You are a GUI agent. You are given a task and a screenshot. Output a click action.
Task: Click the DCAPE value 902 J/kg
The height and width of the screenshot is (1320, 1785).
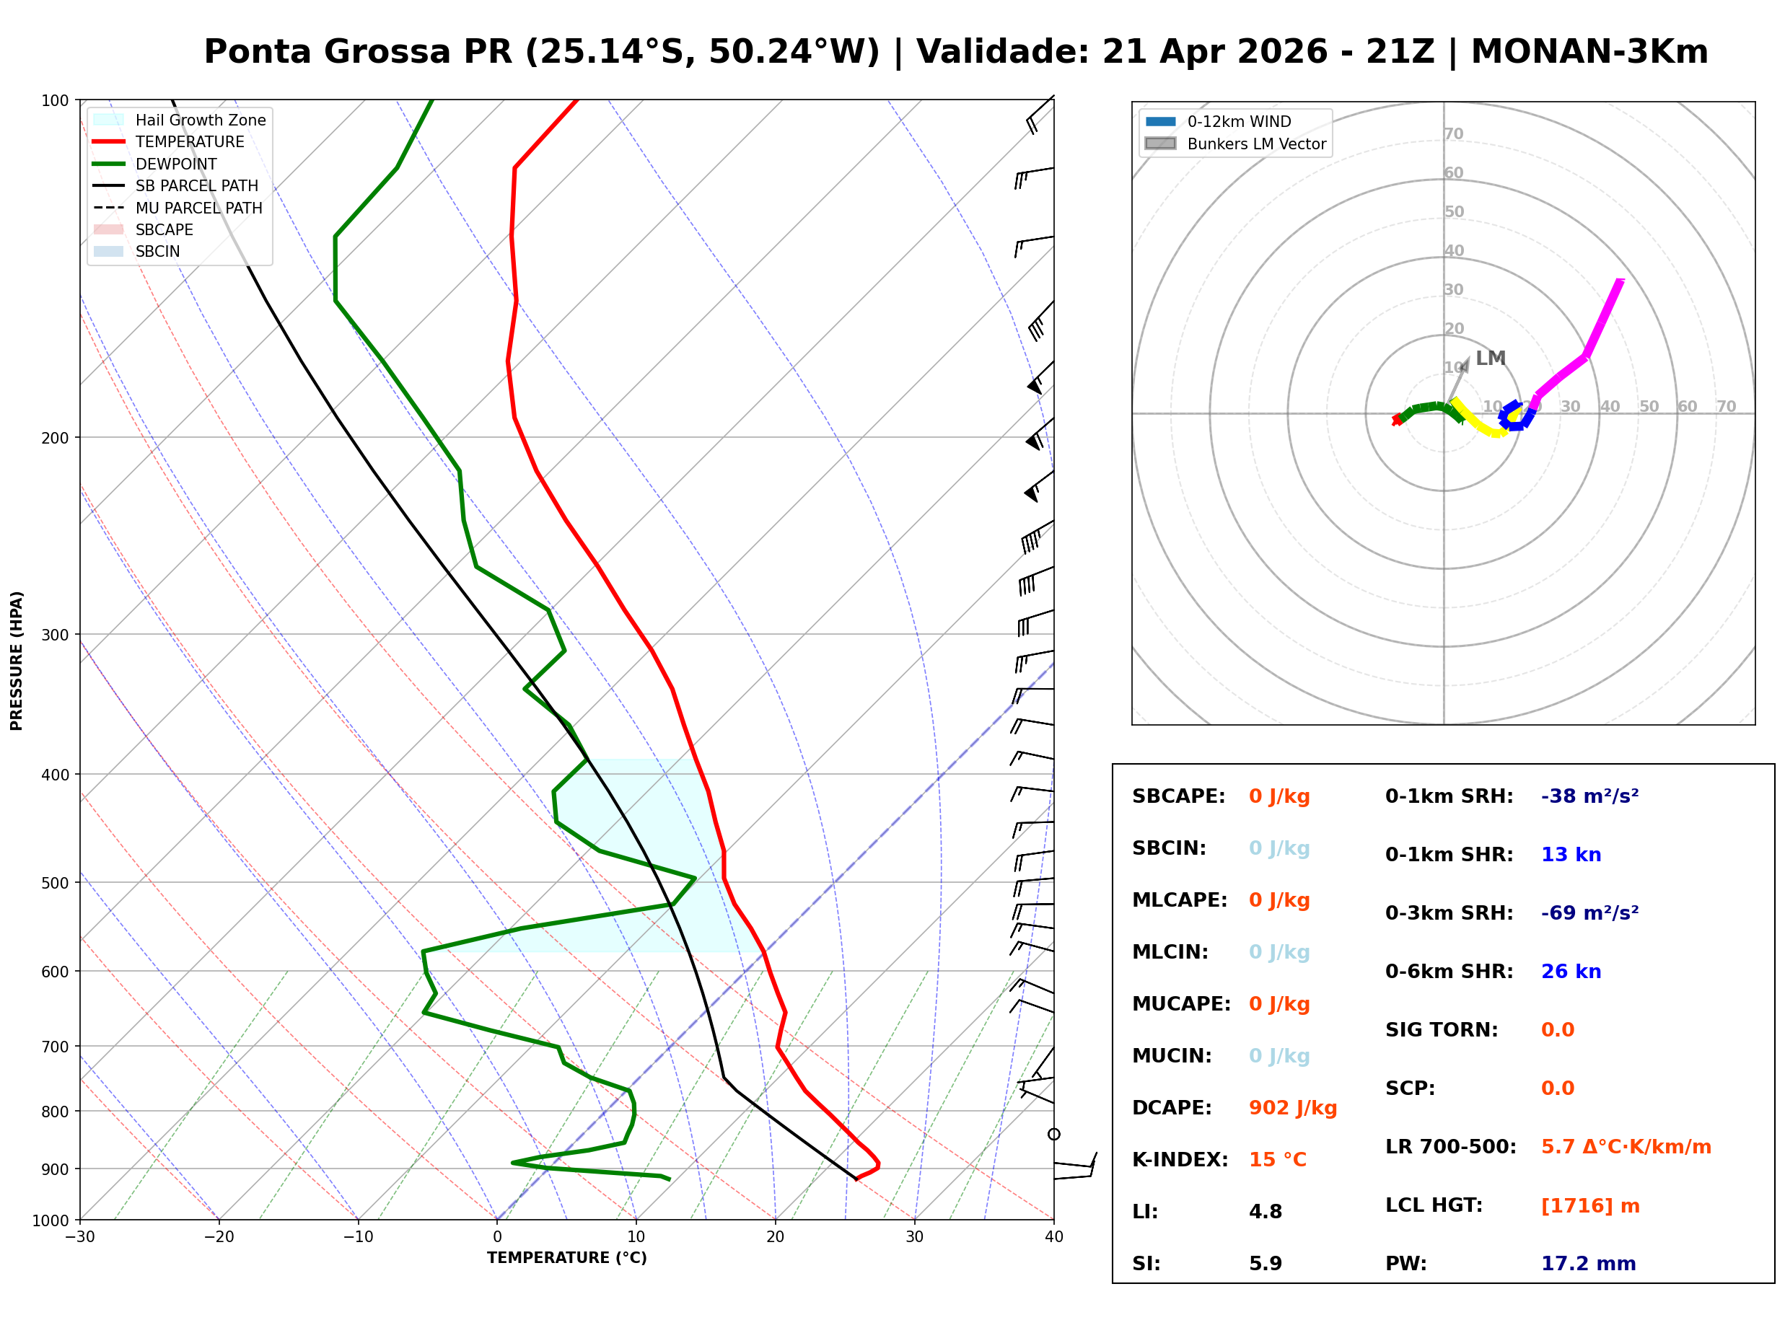click(x=1292, y=1107)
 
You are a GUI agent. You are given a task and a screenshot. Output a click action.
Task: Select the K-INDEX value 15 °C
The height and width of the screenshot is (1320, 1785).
click(x=1277, y=1159)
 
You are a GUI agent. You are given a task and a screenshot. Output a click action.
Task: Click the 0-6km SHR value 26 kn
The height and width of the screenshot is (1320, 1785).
click(x=1570, y=971)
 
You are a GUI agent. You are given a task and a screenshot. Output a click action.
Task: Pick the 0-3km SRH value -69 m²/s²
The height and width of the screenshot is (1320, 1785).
click(x=1589, y=912)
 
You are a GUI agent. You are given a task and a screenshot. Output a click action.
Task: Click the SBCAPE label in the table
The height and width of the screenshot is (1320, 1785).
click(x=1177, y=796)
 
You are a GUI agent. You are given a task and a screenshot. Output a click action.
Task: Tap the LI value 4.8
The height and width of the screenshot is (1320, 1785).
click(x=1265, y=1211)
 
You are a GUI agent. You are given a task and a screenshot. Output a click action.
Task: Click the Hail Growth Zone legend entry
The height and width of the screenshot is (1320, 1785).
click(x=200, y=120)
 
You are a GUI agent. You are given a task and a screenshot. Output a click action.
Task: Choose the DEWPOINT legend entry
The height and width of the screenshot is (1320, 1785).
click(x=176, y=164)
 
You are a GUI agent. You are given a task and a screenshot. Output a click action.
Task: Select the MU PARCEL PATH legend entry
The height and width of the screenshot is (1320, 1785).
click(x=198, y=208)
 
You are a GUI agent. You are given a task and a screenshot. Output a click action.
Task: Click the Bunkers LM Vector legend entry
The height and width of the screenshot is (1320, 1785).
click(x=1256, y=144)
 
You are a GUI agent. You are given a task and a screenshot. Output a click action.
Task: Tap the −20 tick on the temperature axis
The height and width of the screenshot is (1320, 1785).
click(x=218, y=1237)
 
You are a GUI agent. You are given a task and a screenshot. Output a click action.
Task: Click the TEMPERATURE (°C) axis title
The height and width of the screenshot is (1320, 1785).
click(x=566, y=1258)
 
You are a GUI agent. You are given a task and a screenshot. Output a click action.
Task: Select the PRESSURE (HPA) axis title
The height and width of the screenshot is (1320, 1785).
click(x=17, y=660)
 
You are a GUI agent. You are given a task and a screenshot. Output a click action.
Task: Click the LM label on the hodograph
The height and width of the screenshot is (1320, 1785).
click(x=1490, y=358)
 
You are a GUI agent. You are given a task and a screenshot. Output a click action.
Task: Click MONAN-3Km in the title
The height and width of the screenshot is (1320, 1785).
click(x=1589, y=52)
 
